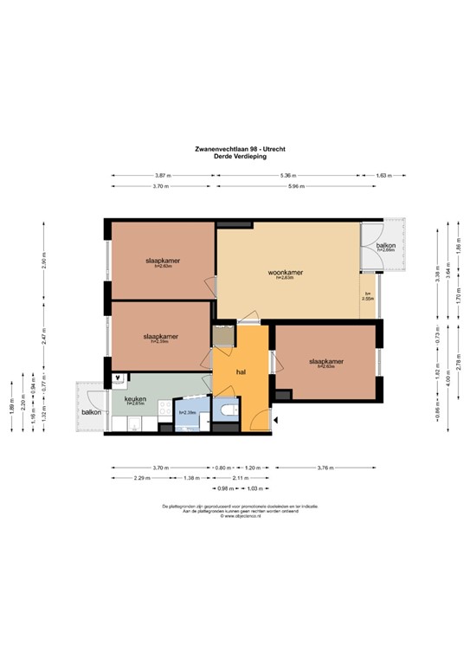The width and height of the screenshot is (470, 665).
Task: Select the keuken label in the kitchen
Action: tap(135, 398)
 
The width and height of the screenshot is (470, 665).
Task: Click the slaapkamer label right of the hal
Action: tap(326, 361)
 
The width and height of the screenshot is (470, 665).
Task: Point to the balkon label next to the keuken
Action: tap(92, 412)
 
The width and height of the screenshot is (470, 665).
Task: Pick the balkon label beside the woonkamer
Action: tap(385, 245)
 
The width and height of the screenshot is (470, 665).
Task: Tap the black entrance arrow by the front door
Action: tap(275, 420)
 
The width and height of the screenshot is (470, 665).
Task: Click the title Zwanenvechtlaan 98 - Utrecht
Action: tap(234, 148)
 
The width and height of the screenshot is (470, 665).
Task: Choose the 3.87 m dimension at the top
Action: tap(161, 175)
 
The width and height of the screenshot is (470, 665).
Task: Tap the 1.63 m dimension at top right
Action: tap(383, 175)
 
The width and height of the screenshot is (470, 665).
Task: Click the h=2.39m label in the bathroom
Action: tap(188, 413)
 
